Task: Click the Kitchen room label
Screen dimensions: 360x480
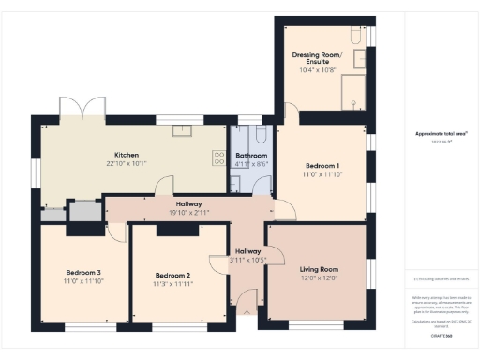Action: point(127,155)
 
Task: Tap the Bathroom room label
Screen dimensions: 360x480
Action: point(251,155)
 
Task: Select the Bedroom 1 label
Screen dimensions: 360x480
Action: point(321,166)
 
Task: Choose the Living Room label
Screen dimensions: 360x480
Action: point(317,269)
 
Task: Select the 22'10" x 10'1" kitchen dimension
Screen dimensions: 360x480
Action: point(127,164)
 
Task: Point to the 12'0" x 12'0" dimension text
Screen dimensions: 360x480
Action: point(317,278)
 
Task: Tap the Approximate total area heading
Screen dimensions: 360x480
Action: point(442,134)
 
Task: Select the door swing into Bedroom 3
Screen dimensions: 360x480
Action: point(116,230)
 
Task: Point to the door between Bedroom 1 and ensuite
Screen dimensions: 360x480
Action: point(290,112)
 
